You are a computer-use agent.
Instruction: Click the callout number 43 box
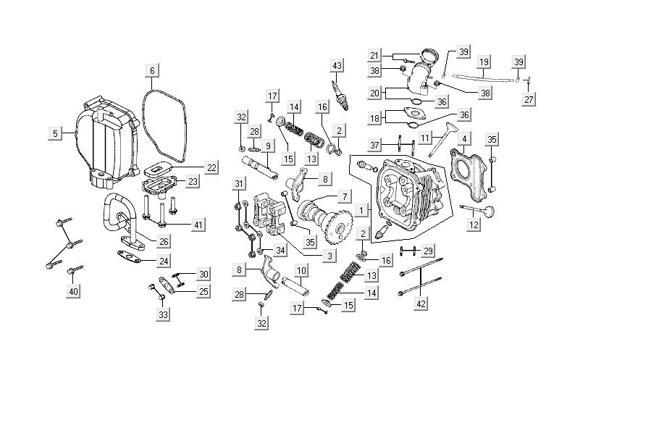pyautogui.click(x=336, y=66)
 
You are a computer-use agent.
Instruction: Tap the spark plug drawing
pyautogui.click(x=340, y=95)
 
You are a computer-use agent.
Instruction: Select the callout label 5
pyautogui.click(x=54, y=133)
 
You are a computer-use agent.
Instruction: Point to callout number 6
pyautogui.click(x=151, y=70)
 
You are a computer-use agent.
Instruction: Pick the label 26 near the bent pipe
pyautogui.click(x=164, y=241)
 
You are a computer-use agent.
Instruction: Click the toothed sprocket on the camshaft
pyautogui.click(x=336, y=231)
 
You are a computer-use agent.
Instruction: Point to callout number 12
pyautogui.click(x=474, y=225)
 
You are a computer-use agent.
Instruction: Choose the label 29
pyautogui.click(x=428, y=251)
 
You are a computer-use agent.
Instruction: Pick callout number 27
pyautogui.click(x=529, y=99)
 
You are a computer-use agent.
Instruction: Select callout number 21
pyautogui.click(x=374, y=55)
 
